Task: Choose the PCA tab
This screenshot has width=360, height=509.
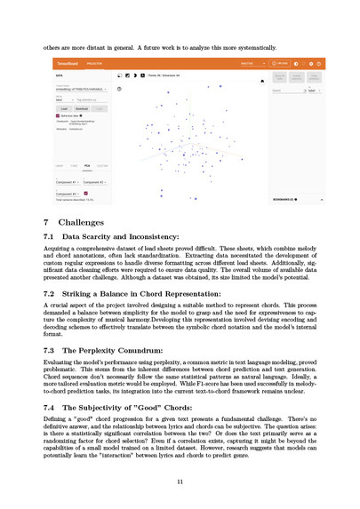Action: click(86, 165)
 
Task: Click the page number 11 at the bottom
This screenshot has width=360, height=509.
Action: click(180, 481)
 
